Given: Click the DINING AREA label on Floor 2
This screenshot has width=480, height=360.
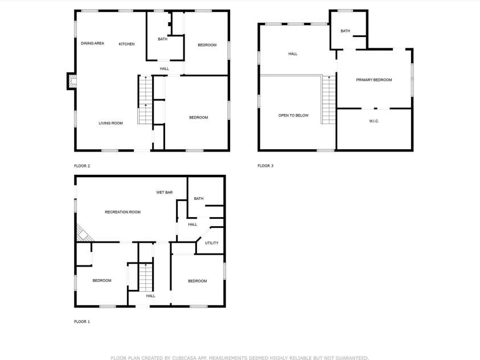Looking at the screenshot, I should coord(92,43).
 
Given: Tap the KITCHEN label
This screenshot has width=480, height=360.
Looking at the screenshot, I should coord(126,44).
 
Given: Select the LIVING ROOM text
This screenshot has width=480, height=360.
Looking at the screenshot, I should coord(110,123).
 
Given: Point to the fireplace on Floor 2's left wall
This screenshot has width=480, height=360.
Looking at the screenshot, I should coord(71,81).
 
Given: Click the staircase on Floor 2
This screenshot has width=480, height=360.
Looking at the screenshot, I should coord(146,100).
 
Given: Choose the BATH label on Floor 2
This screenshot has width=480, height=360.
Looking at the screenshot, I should coord(162,39).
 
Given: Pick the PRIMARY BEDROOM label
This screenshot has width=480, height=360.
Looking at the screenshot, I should coord(374,80).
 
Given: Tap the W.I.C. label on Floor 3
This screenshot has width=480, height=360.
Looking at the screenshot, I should coord(374,121).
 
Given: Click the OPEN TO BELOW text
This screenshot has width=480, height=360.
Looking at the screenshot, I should coord(293,115).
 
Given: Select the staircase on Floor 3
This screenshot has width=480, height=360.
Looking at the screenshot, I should coord(329,100).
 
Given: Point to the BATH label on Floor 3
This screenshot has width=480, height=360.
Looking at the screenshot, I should coord(345,31).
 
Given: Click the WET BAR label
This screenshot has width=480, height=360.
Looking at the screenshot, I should coord(165,193).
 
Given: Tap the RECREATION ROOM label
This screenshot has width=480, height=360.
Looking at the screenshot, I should coord(122,212).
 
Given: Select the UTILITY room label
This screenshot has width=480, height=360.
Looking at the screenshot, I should coord(211,243).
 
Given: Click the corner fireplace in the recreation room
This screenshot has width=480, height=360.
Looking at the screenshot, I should coord(83,234).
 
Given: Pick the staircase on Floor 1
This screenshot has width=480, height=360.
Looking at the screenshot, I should coord(146,278).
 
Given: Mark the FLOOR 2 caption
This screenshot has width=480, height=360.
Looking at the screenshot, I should coord(82,166).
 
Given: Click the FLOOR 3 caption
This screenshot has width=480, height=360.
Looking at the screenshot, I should coord(265,166).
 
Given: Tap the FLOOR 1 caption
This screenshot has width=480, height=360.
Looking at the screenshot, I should coord(82,321).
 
